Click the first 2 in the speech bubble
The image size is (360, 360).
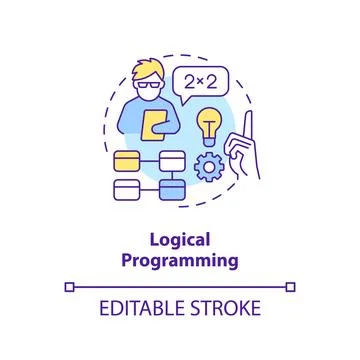click(190, 81)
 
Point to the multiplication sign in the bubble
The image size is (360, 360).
click(201, 82)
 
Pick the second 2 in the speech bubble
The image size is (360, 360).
click(212, 81)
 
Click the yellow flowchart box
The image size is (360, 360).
click(128, 159)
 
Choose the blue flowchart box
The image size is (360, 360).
click(172, 190)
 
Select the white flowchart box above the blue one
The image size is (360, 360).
click(172, 159)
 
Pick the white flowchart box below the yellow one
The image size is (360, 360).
click(128, 190)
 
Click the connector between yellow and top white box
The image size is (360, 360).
click(150, 159)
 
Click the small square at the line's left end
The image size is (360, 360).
click(69, 288)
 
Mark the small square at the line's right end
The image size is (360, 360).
click(291, 288)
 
